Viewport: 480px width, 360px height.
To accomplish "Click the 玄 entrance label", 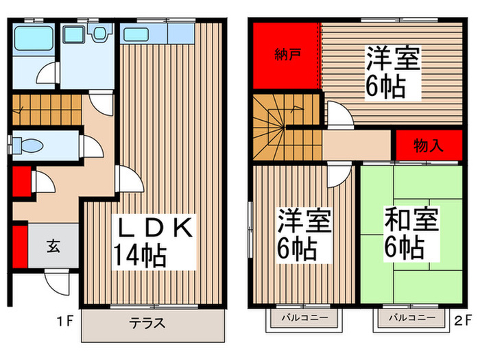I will [x=52, y=245].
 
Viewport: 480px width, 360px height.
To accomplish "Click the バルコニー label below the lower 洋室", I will [x=304, y=318].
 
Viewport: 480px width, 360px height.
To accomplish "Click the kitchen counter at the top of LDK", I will [x=156, y=34].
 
